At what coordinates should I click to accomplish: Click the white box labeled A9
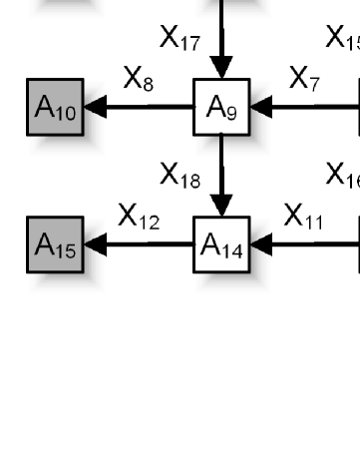(221, 108)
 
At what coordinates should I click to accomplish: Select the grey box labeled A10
(54, 108)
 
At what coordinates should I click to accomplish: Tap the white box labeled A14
(221, 243)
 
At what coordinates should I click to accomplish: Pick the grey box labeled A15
(54, 243)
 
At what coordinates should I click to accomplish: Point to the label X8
(139, 81)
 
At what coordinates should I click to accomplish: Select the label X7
(304, 79)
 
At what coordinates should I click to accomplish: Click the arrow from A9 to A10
(140, 108)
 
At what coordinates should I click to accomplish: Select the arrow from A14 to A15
(140, 243)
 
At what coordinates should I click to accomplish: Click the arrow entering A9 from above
(221, 40)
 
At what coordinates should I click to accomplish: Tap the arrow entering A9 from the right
(304, 108)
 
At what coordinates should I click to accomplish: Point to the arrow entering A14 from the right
(304, 243)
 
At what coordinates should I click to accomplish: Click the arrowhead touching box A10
(95, 108)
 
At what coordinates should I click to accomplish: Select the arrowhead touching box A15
(95, 243)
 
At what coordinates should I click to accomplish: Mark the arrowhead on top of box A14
(221, 207)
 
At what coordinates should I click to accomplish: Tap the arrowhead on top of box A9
(221, 69)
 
